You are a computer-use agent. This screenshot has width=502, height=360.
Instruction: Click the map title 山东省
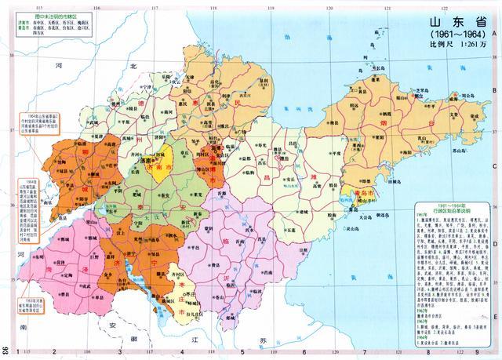(x=455, y=22)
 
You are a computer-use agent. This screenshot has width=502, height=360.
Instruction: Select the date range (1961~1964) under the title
(x=456, y=35)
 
